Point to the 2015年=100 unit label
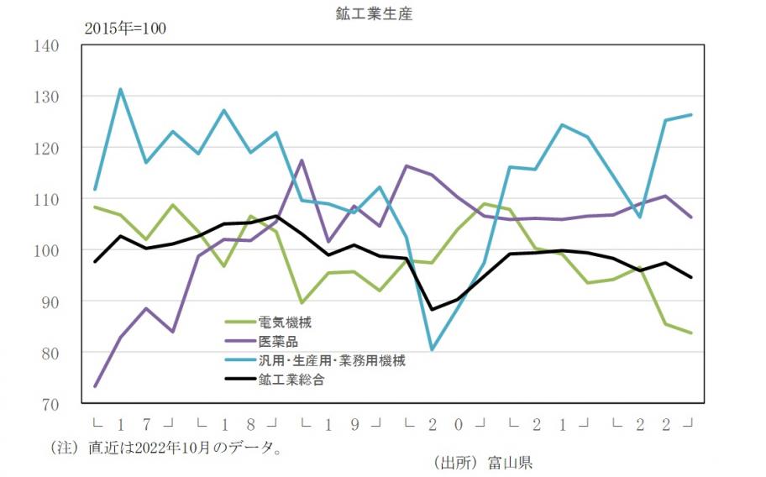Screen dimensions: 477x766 click(x=125, y=29)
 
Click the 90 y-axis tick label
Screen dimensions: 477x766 click(x=49, y=301)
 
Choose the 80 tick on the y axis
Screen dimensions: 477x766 click(x=49, y=353)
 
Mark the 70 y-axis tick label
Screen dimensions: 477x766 click(x=49, y=404)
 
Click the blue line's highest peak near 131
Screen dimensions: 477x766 click(x=121, y=89)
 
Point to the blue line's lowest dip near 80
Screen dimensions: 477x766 click(x=432, y=349)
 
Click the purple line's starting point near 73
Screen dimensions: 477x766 click(x=95, y=386)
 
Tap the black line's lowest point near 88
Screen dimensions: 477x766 click(x=432, y=310)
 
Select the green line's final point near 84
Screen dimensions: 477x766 click(x=691, y=333)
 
